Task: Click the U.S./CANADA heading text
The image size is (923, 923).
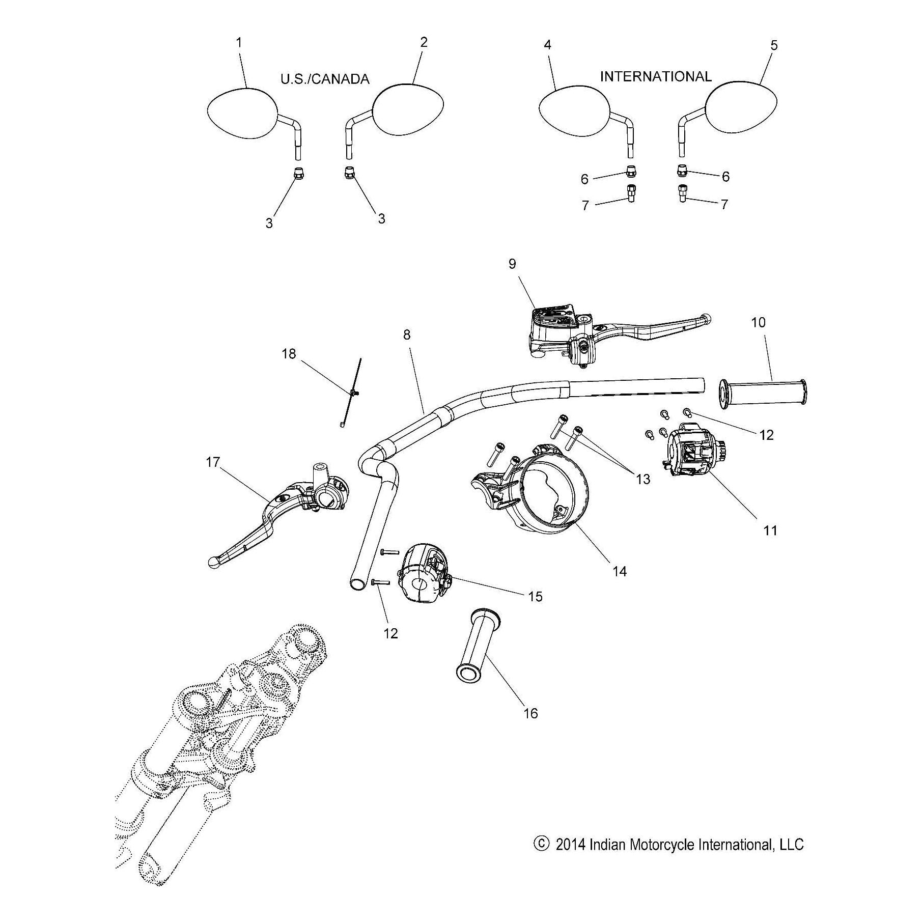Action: (x=324, y=79)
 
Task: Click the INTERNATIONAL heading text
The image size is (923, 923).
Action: (x=655, y=76)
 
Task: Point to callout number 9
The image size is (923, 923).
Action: (x=512, y=264)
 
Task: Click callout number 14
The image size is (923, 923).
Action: (x=619, y=571)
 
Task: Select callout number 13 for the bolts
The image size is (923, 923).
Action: (x=644, y=479)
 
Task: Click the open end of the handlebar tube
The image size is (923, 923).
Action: (x=357, y=582)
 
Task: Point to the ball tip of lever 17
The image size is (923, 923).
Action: (x=214, y=562)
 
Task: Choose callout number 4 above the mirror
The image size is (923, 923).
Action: (x=547, y=45)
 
